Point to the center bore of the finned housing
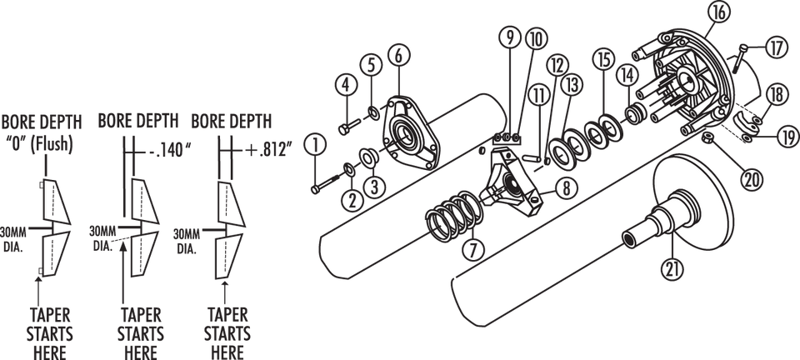tap(687, 82)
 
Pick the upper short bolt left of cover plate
tap(348, 128)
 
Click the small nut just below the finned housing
tap(707, 137)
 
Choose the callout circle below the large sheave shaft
tap(670, 268)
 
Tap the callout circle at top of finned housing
tap(718, 12)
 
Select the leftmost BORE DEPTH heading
tap(41, 120)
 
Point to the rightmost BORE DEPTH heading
tap(226, 120)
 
